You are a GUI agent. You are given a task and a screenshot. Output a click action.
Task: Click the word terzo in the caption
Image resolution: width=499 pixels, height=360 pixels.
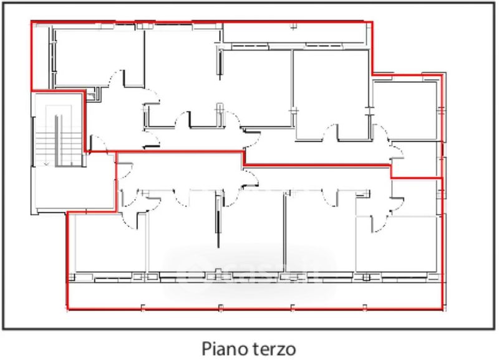click(273, 346)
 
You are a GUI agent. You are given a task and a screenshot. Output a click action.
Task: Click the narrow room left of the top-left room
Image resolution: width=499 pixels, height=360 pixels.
click(42, 56)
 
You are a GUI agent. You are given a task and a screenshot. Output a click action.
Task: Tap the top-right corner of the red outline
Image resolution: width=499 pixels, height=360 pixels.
click(372, 23)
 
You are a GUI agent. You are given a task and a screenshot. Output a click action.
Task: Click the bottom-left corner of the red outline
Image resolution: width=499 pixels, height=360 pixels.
click(67, 309)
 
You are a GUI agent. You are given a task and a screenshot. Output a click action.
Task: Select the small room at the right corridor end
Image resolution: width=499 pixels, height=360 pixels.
click(415, 159)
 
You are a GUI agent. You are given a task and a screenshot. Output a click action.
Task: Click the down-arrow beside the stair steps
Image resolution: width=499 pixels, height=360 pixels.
click(47, 163)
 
